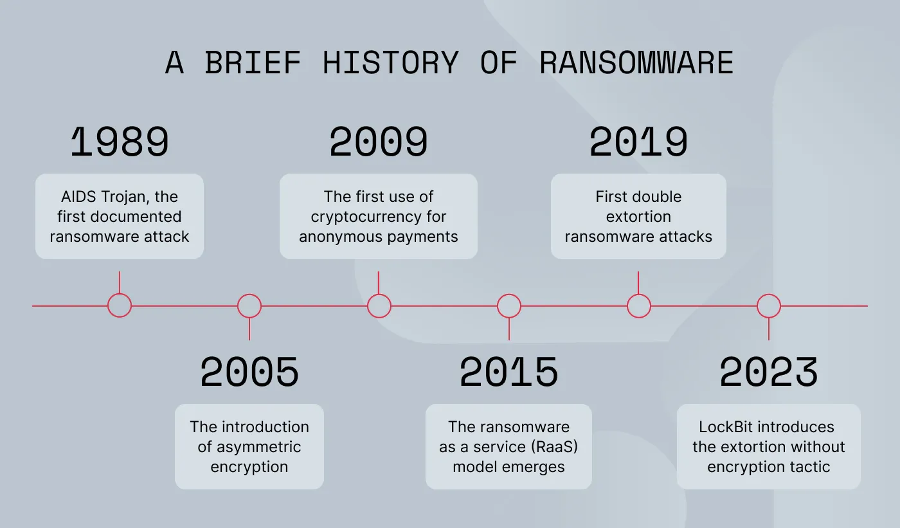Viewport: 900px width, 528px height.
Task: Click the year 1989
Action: click(120, 142)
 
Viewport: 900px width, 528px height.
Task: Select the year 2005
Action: click(249, 372)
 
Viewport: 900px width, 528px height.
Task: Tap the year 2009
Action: click(379, 142)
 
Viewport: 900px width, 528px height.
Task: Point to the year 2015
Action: click(509, 372)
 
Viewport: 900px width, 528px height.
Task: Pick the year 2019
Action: click(638, 142)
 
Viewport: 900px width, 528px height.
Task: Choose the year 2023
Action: click(768, 372)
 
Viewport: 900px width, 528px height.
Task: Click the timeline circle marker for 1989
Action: click(120, 305)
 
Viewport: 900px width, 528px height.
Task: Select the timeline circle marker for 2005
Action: click(249, 305)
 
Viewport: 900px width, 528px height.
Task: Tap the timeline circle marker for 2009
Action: click(379, 305)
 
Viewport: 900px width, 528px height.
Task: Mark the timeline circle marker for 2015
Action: click(509, 305)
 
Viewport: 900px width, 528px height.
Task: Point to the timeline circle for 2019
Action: click(638, 305)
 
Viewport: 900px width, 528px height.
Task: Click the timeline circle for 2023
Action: click(769, 305)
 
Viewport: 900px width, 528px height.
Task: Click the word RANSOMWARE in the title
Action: click(636, 63)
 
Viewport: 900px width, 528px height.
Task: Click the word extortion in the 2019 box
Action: click(638, 217)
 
